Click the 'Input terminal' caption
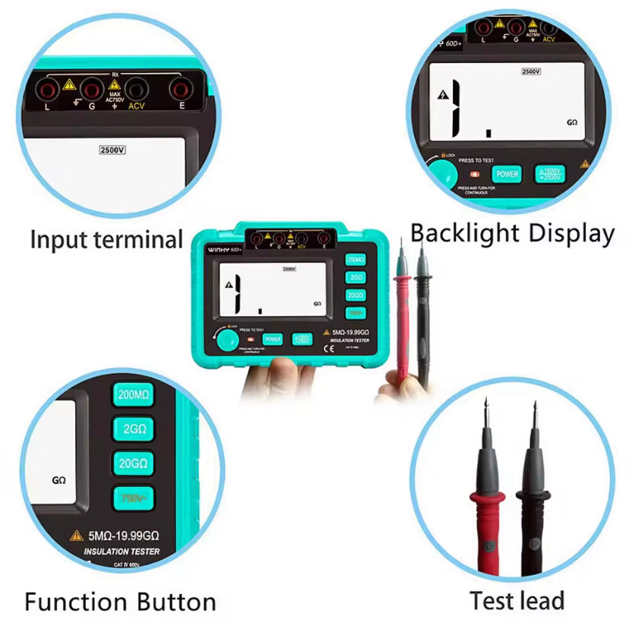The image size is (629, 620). (x=106, y=240)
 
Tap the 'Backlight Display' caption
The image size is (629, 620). (x=512, y=233)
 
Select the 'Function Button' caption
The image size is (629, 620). (x=120, y=603)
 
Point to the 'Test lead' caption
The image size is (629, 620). (x=517, y=600)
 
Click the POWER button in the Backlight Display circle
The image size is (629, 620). (x=507, y=174)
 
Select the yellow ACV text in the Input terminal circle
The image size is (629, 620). (x=137, y=107)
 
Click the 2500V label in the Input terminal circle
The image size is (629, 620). (x=112, y=150)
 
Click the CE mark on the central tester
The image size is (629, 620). (x=329, y=350)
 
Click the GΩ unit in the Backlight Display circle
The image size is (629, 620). (x=571, y=122)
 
